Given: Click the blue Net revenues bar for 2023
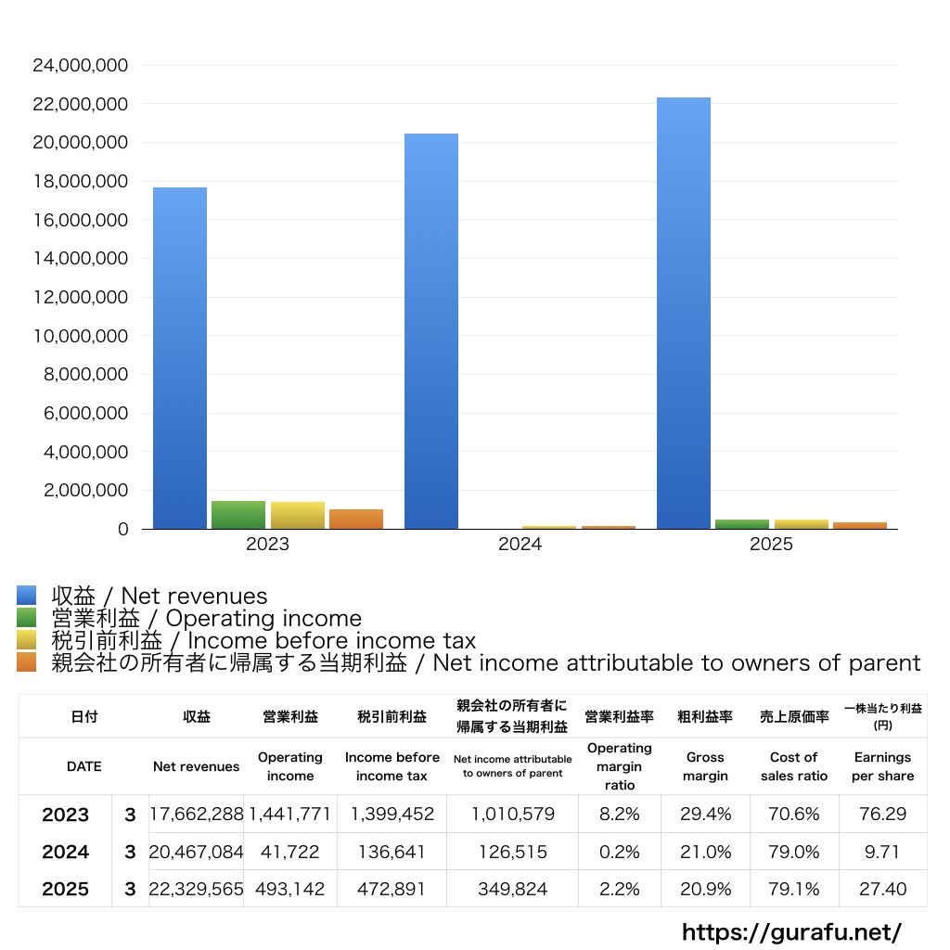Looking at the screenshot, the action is click(180, 358).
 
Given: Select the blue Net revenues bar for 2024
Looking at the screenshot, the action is click(431, 331).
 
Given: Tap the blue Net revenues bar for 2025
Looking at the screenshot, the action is click(684, 314).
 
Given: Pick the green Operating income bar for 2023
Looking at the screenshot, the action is click(238, 515).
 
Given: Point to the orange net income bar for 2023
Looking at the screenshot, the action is click(356, 520).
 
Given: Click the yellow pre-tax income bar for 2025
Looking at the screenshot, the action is click(801, 524).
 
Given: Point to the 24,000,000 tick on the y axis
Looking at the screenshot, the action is click(80, 66).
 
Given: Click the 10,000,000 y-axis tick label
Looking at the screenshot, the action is click(80, 336).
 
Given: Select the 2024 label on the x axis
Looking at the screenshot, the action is click(520, 544).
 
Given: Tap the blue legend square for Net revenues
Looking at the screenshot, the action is click(27, 595).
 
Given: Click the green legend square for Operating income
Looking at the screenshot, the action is click(27, 617).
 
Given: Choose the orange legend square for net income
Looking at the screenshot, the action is click(27, 662).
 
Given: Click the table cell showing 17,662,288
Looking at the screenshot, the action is click(197, 814).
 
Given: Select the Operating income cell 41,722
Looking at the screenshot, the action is click(289, 852).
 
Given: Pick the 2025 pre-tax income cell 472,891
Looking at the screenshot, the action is click(391, 889).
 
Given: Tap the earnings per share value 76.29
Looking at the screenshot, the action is click(883, 814).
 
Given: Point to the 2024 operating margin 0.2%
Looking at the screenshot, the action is click(619, 852).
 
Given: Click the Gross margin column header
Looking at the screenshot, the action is click(705, 766).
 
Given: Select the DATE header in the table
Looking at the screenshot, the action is click(84, 766).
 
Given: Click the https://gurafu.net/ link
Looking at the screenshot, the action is click(792, 931).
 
